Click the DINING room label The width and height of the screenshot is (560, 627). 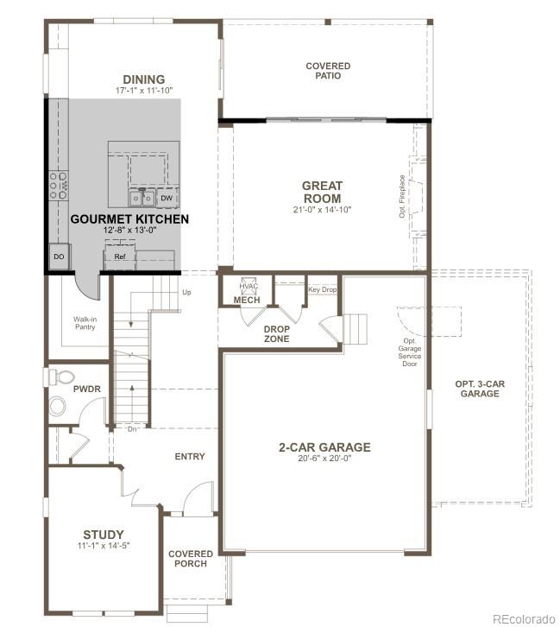pos(143,79)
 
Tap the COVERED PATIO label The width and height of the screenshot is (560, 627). pos(328,71)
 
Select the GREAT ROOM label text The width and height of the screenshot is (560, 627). pos(323,192)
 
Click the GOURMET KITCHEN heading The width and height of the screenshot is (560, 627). pos(129,219)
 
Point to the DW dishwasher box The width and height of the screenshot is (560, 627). pos(167,198)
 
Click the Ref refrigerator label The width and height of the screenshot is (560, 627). pos(120,256)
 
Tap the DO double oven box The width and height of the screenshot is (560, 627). pos(59,257)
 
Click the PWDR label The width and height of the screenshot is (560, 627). pos(87,389)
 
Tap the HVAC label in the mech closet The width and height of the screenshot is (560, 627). pos(249,287)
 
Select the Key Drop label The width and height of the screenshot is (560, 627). pos(322,289)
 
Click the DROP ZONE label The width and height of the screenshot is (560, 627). pos(276,333)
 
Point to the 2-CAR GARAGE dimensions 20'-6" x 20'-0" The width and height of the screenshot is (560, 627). pos(324,459)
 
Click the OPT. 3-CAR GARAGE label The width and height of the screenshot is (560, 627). pos(479,388)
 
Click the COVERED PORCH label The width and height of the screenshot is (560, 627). pos(191,560)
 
